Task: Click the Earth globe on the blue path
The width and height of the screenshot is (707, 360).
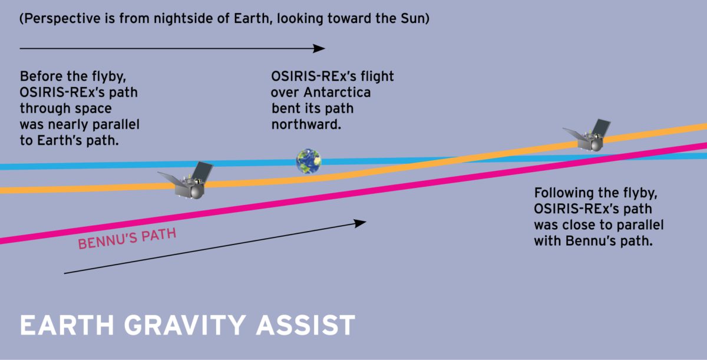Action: [309, 161]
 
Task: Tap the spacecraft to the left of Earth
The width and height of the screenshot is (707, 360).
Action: [187, 181]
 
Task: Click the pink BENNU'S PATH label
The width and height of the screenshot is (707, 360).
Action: [127, 239]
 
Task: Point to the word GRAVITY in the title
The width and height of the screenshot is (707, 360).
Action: [185, 325]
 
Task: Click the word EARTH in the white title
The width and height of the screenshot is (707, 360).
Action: [67, 325]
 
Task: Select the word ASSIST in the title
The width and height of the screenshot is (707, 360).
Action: [306, 325]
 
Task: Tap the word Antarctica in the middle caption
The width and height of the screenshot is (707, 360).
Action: [337, 93]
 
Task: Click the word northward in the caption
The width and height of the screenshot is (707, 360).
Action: [306, 125]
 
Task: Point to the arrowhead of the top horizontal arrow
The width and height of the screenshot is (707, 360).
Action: [319, 48]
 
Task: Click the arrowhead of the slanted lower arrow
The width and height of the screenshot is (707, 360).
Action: [360, 223]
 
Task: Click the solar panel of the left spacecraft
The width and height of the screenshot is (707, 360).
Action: [203, 171]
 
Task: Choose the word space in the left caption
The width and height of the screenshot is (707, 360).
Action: [94, 109]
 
